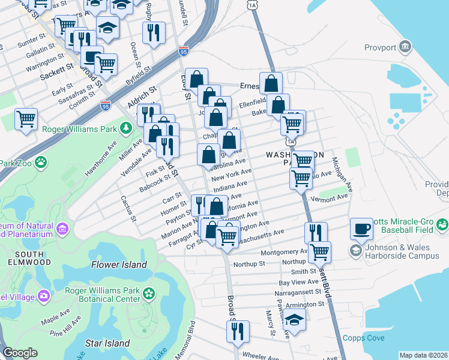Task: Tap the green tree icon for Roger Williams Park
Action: pos(125,127)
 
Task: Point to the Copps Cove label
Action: pos(364,338)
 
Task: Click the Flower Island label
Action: pos(119,265)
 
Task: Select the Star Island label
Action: pos(107,343)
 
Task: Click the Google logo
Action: pos(20,353)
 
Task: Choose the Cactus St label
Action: pos(129,207)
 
